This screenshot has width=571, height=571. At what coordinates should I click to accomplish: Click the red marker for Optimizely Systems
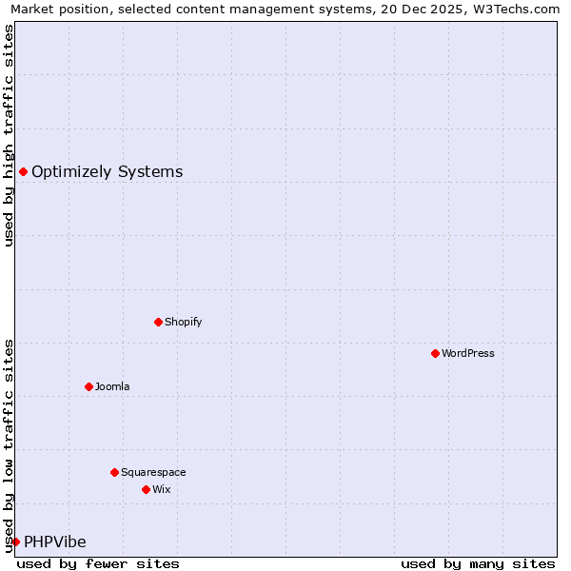click(23, 171)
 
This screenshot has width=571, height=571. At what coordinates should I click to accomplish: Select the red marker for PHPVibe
click(15, 541)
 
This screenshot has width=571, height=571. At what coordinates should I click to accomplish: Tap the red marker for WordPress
click(435, 353)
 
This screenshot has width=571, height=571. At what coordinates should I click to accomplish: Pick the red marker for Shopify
click(158, 322)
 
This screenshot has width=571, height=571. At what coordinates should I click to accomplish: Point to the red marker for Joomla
click(89, 386)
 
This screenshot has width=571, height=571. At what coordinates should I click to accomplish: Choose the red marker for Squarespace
click(114, 472)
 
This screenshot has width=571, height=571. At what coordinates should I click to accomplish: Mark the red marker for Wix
click(146, 489)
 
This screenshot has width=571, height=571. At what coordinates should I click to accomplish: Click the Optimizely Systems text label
click(107, 172)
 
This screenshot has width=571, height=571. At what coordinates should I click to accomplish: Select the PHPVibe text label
click(55, 542)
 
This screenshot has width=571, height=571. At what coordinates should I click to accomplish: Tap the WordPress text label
click(468, 353)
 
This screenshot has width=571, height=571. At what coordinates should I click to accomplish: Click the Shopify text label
click(184, 322)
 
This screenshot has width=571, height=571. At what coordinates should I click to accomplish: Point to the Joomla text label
click(112, 386)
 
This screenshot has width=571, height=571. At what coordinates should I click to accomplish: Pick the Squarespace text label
click(153, 472)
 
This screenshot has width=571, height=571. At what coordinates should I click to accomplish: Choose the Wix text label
click(161, 489)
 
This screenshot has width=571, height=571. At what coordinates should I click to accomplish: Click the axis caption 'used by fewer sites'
click(98, 563)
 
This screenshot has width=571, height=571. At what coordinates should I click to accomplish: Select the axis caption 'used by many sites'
click(478, 563)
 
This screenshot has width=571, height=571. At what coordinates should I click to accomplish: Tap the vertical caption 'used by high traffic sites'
click(9, 135)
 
